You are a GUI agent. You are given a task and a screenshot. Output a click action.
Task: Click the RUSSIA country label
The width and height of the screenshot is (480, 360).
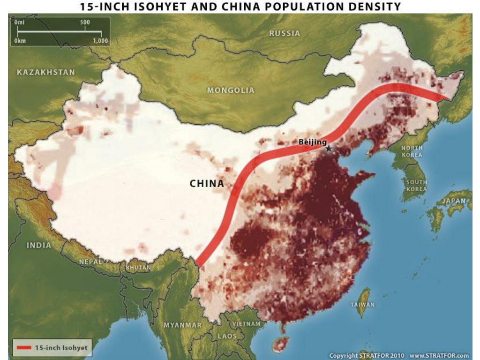coord(285,33)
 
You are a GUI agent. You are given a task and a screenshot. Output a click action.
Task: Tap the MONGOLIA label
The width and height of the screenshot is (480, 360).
coord(231,90)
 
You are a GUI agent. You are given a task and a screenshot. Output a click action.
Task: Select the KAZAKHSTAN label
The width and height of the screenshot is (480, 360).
coord(46,72)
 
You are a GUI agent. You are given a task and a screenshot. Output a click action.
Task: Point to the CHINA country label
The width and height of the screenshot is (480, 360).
coord(207,184)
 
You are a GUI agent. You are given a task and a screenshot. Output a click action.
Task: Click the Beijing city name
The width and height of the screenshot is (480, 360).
coord(313,142)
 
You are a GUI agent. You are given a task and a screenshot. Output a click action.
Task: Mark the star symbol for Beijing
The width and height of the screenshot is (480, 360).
coord(329,149)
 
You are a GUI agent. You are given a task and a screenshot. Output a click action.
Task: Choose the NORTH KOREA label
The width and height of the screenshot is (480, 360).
coord(412,151)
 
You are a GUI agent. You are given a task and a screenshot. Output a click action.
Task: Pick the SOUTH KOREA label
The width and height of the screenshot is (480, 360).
coord(416,186)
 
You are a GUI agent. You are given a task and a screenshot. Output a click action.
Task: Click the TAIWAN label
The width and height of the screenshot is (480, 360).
coord(363,305)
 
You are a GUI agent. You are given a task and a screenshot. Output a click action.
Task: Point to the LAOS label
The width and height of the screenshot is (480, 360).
coord(227,336)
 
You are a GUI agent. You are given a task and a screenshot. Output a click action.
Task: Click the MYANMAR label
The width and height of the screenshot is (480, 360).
coord(182,325)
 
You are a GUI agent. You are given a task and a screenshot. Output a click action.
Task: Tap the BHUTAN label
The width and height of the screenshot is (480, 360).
coord(139,268)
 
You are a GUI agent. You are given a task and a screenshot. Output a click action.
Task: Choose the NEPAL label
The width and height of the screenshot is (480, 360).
coord(90,262)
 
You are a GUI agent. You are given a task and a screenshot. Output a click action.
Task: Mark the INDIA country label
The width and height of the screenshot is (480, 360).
coord(39,245)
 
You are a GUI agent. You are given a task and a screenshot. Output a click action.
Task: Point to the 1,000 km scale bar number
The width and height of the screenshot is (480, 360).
coord(100,41)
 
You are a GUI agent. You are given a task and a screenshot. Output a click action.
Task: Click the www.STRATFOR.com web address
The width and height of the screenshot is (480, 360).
coord(439,355)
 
